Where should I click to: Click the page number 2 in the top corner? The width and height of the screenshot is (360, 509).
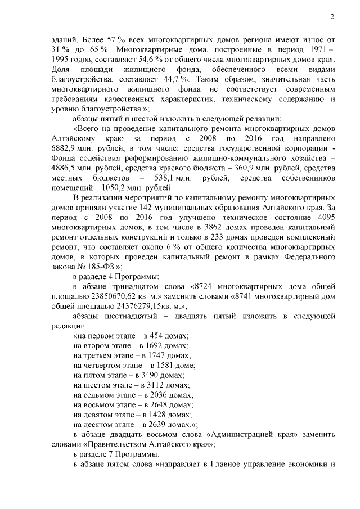click(332, 17)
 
